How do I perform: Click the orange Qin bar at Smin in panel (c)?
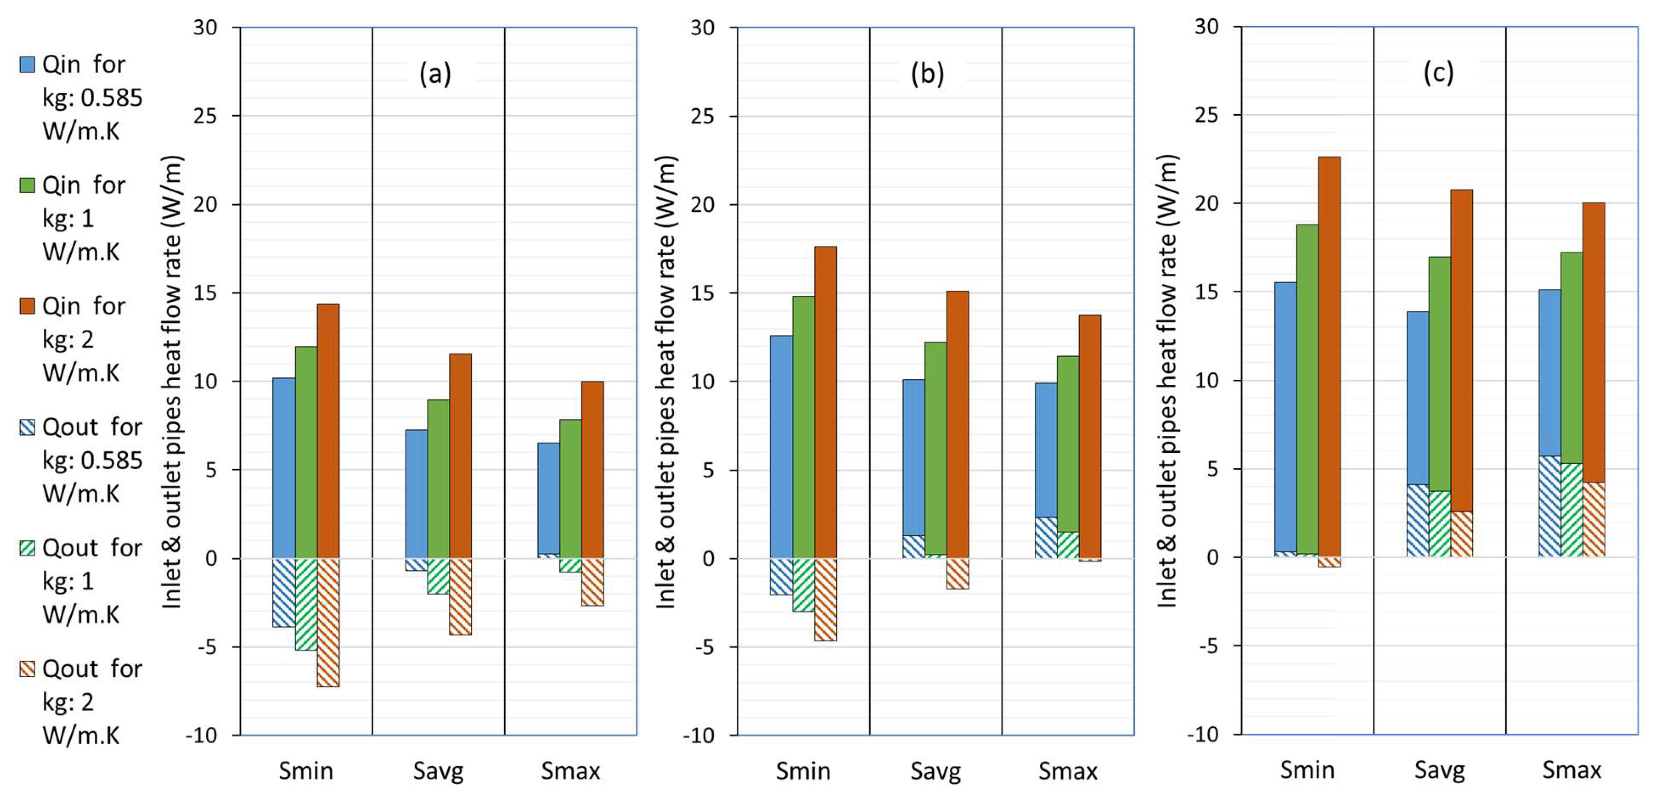[1329, 354]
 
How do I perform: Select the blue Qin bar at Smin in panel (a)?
[284, 467]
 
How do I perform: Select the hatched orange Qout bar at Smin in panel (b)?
[825, 600]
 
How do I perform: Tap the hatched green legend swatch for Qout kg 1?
[27, 548]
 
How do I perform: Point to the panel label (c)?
[1438, 73]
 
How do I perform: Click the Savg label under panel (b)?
[936, 771]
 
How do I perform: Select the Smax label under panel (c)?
[1571, 770]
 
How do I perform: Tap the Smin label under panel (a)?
[306, 771]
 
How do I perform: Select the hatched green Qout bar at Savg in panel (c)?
[1439, 523]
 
